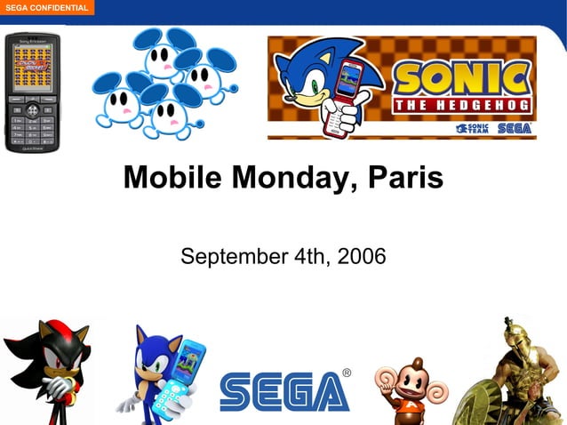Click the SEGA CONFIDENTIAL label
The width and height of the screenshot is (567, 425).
(45, 8)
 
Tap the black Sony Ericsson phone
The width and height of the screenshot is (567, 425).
(32, 92)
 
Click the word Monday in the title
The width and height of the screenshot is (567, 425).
(283, 178)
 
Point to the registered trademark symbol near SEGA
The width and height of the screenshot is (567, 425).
(346, 373)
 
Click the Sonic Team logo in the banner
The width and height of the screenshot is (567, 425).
(473, 128)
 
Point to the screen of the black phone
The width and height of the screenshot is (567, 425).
(32, 68)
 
